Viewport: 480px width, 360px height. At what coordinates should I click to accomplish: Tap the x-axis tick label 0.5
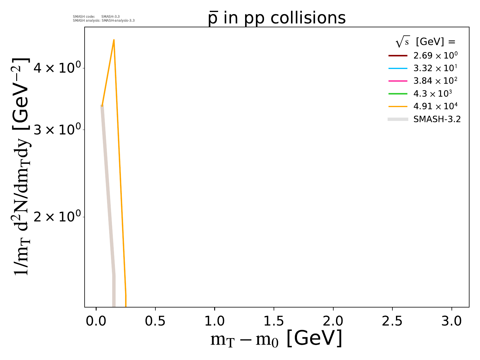pyautogui.click(x=155, y=321)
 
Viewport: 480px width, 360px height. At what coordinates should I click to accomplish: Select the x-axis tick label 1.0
pyautogui.click(x=214, y=321)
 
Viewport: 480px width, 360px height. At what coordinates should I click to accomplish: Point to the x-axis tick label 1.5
pyautogui.click(x=274, y=321)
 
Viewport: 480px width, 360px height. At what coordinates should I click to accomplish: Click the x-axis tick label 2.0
pyautogui.click(x=333, y=321)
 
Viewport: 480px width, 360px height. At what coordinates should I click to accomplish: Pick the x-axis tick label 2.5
pyautogui.click(x=392, y=321)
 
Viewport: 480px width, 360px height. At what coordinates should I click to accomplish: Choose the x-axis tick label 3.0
pyautogui.click(x=451, y=321)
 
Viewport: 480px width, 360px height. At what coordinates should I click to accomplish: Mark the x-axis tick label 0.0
pyautogui.click(x=96, y=321)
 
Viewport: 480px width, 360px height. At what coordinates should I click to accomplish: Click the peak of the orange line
pyautogui.click(x=114, y=40)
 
